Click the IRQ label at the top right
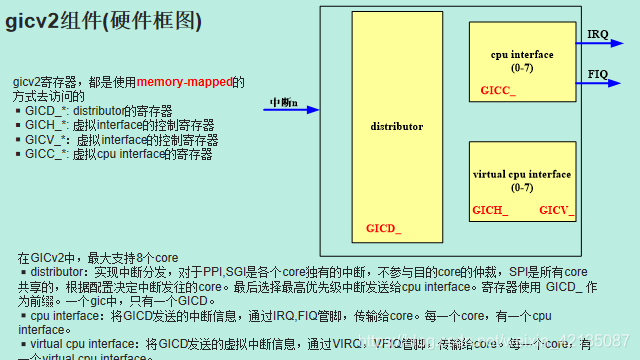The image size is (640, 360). tap(598, 34)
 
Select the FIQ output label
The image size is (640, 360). tap(598, 74)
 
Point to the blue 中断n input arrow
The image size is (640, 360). tap(291, 110)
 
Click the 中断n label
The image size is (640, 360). tap(284, 102)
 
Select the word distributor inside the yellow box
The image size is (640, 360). tap(397, 127)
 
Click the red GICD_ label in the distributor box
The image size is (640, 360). tap(383, 228)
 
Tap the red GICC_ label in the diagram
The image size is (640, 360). tap(497, 90)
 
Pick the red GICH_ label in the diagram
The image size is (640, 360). tap(490, 210)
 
